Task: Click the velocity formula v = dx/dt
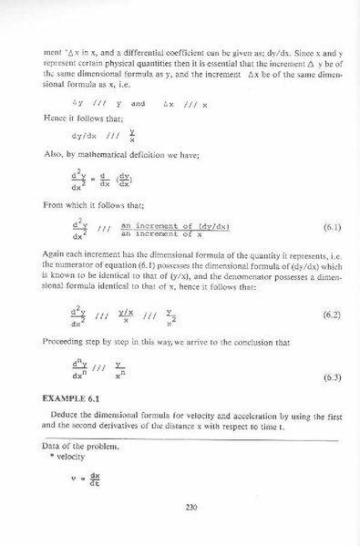click(x=85, y=480)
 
